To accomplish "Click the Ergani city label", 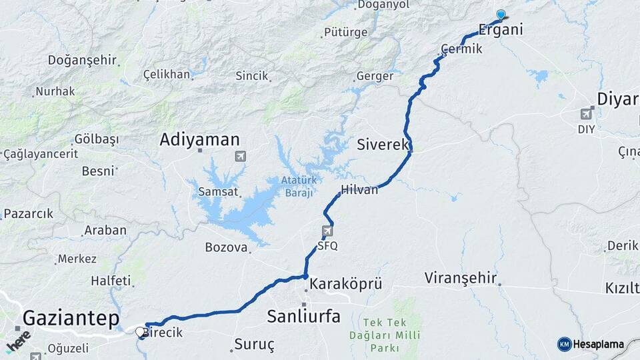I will click(x=501, y=29).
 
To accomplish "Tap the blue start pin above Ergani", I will click(x=501, y=14).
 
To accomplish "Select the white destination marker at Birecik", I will click(x=140, y=331).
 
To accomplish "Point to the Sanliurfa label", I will click(x=303, y=315).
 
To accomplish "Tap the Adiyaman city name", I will click(x=199, y=140).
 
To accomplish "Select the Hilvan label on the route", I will click(x=359, y=189).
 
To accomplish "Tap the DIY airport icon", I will click(x=586, y=114).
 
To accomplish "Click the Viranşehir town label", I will click(x=461, y=277).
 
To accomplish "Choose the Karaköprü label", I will click(x=346, y=284).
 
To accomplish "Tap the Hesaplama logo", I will click(x=591, y=344).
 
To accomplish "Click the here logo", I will click(x=18, y=341).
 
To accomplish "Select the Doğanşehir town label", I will click(x=82, y=60).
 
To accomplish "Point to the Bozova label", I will click(x=226, y=247).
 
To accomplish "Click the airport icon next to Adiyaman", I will click(x=240, y=157).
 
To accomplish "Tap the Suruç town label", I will click(x=254, y=345).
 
